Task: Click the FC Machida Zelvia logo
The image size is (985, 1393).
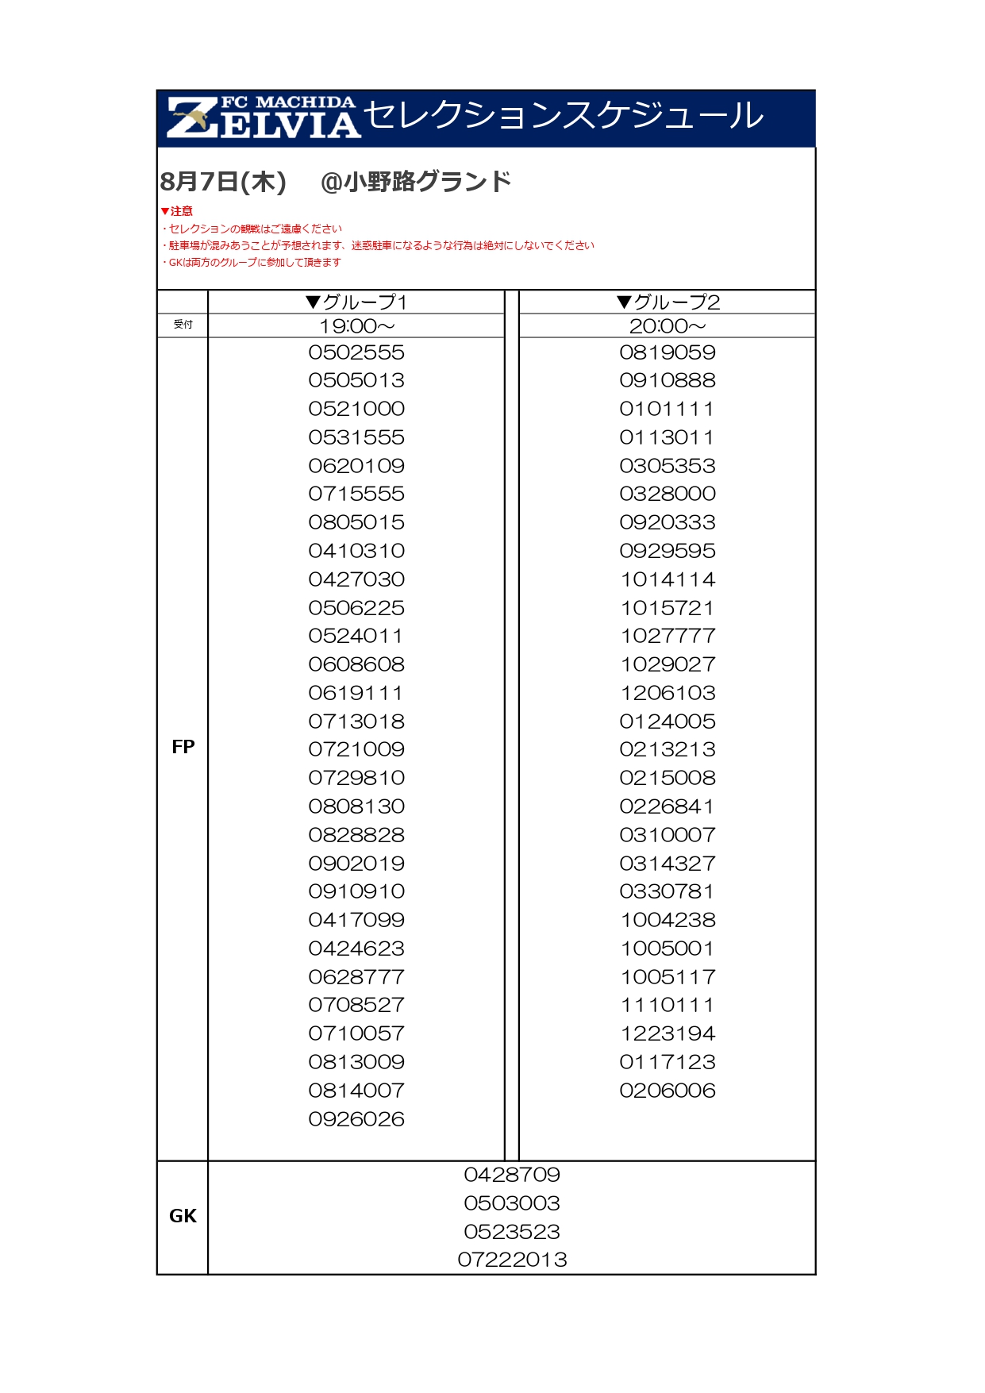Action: tap(263, 118)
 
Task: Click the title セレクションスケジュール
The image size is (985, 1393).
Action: tap(564, 116)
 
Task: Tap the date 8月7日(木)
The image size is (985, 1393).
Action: tap(223, 182)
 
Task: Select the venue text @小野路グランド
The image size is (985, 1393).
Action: tap(416, 182)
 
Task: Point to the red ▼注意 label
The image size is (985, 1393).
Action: tap(177, 211)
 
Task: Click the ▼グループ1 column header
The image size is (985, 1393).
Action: tap(356, 302)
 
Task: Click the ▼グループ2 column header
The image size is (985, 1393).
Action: tap(668, 302)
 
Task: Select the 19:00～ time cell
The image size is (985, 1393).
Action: tap(356, 326)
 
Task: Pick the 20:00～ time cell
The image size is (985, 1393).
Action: tap(668, 326)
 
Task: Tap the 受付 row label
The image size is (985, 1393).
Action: tap(183, 325)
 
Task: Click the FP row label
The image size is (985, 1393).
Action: tap(183, 747)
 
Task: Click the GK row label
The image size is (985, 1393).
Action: tap(183, 1216)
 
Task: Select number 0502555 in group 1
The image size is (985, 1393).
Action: tap(356, 352)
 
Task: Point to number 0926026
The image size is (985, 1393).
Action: tap(356, 1119)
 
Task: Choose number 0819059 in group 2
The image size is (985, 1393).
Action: tap(668, 352)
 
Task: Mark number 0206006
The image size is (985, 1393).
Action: tap(668, 1091)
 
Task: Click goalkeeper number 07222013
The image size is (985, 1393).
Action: tap(512, 1260)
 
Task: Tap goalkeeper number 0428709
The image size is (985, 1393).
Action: tap(512, 1175)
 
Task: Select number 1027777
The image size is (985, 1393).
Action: tap(668, 637)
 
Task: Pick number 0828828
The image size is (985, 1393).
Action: tap(356, 835)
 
